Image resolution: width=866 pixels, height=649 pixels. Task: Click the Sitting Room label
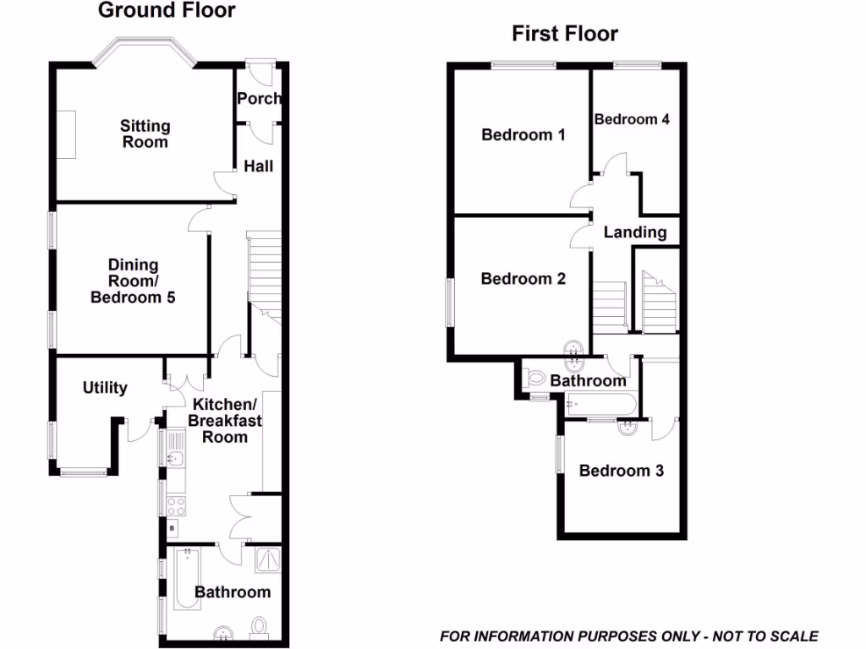click(x=145, y=134)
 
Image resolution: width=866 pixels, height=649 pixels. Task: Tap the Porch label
click(x=259, y=99)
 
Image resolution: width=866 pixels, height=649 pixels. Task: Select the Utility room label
click(x=105, y=388)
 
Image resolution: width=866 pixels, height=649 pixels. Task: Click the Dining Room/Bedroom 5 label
click(x=133, y=281)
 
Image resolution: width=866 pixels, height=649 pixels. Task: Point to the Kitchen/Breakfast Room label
click(x=224, y=420)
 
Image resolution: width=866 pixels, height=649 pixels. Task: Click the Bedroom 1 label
click(x=523, y=134)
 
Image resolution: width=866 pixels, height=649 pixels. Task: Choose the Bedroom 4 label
click(x=632, y=119)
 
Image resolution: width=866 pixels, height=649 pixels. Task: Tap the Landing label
click(x=634, y=232)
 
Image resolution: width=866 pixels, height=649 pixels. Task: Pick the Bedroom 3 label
click(x=621, y=471)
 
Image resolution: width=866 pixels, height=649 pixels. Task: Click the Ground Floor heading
click(x=167, y=11)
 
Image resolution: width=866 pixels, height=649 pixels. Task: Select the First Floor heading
click(x=565, y=34)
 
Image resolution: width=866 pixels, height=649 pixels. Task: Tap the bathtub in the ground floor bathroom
click(x=184, y=579)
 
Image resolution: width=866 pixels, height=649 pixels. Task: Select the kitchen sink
click(x=175, y=458)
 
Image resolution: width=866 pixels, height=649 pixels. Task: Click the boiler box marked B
click(x=173, y=528)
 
